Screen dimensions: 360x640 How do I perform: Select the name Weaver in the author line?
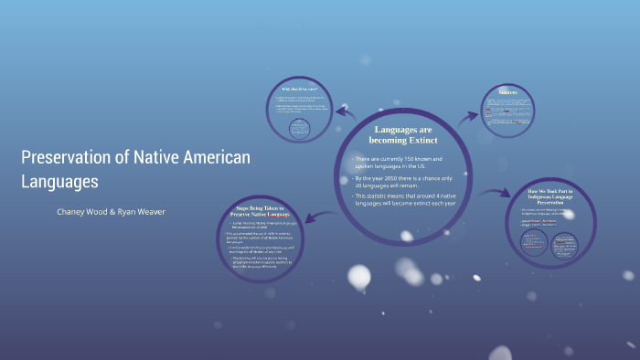149,212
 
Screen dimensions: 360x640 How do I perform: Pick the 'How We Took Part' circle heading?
550,196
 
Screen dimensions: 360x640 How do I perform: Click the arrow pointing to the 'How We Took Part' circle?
495,194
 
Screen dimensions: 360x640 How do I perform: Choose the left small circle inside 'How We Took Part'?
533,242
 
